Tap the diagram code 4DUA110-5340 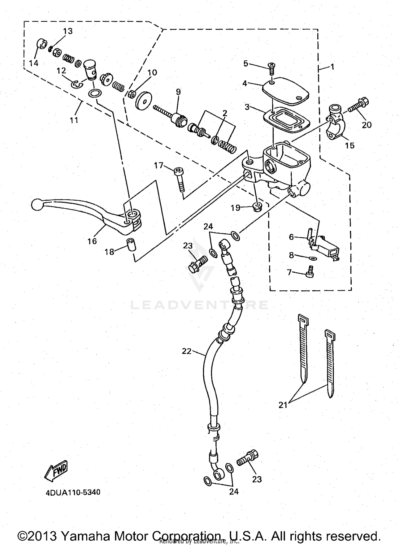(x=73, y=492)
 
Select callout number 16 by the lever (x=92, y=241)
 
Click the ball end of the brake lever (x=35, y=204)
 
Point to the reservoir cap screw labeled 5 (x=272, y=68)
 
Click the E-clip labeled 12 (x=77, y=84)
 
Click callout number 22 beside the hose (x=186, y=351)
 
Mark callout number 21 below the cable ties (x=283, y=405)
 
